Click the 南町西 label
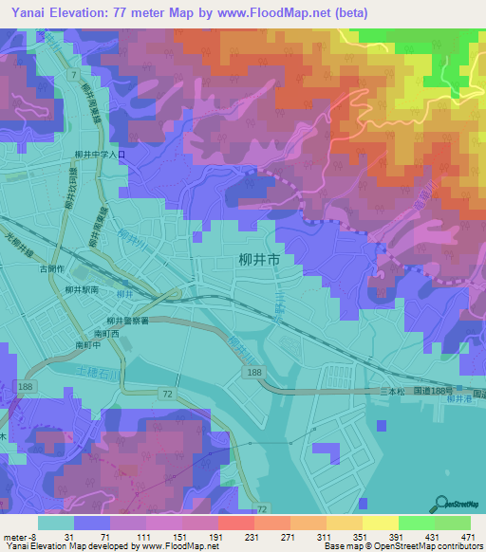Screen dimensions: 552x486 (x=105, y=335)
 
